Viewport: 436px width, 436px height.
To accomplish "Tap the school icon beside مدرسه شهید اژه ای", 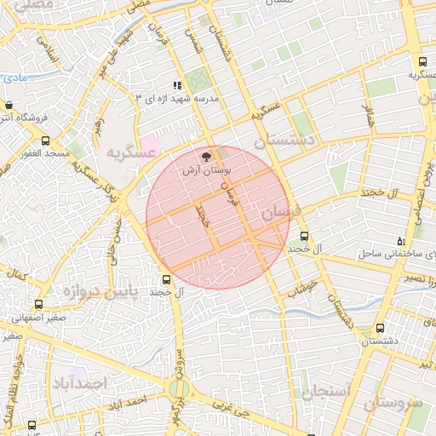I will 177,85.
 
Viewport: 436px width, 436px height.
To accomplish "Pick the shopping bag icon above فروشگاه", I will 9,105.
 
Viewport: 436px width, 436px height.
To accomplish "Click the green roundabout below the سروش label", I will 177,389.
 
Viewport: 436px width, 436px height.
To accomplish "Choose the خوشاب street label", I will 302,289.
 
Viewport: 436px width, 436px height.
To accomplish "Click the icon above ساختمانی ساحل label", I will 401,241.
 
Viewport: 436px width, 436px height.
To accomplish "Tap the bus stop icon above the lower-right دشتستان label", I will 379,328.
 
